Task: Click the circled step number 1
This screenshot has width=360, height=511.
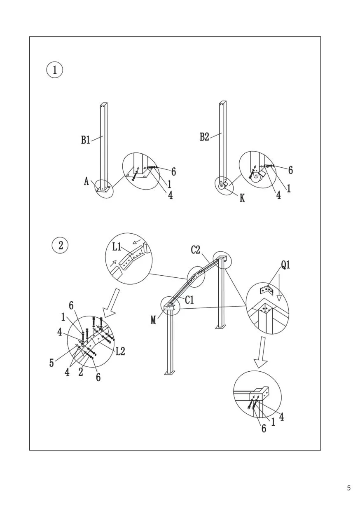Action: pyautogui.click(x=55, y=70)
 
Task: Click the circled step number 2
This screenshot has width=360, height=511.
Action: pyautogui.click(x=61, y=246)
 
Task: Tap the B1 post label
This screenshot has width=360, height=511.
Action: pyautogui.click(x=86, y=140)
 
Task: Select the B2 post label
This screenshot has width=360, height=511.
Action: pyautogui.click(x=204, y=137)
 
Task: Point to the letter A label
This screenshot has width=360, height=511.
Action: pyautogui.click(x=86, y=182)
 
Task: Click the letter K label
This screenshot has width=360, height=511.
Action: pyautogui.click(x=242, y=198)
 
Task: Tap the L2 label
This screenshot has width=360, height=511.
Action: pyautogui.click(x=121, y=352)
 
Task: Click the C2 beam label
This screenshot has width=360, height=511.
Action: pyautogui.click(x=195, y=250)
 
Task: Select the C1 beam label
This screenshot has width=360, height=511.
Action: pyautogui.click(x=189, y=300)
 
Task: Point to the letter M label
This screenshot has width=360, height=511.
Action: pyautogui.click(x=153, y=321)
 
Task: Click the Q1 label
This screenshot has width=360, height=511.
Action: pyautogui.click(x=286, y=265)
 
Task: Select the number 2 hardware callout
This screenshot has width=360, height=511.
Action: pyautogui.click(x=81, y=372)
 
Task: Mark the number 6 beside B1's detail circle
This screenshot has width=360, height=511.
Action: pyautogui.click(x=173, y=172)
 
